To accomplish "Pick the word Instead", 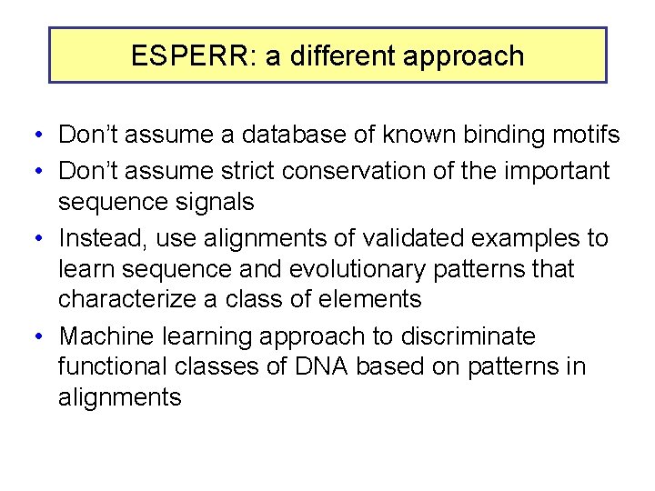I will tap(97, 239).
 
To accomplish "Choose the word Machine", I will tap(107, 337).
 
